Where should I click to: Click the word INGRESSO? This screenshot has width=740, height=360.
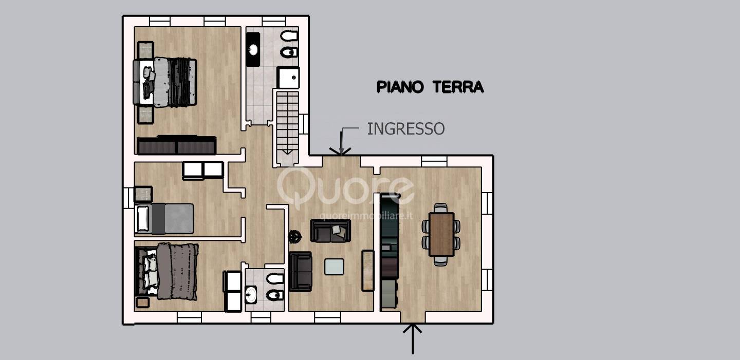click(x=405, y=128)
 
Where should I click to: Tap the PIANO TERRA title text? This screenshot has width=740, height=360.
click(x=430, y=87)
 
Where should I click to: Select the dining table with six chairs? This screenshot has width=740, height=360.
click(x=441, y=234)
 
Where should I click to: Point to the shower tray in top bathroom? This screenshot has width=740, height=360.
click(x=288, y=77)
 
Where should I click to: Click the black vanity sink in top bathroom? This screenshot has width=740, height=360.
click(x=253, y=49)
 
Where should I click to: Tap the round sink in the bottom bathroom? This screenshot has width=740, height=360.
click(x=251, y=295)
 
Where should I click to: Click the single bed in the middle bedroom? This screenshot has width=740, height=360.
click(x=164, y=219)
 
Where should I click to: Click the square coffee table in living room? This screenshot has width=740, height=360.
click(x=334, y=267)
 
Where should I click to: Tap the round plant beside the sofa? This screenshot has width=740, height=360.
click(x=295, y=237)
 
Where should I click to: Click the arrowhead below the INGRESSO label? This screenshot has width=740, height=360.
click(x=340, y=149)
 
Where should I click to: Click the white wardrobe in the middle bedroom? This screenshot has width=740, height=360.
click(x=203, y=170)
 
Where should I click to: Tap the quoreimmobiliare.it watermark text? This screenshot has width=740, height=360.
click(x=366, y=216)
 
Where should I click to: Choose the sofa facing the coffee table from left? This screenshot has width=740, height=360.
click(x=301, y=271)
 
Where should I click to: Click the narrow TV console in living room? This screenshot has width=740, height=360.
click(x=367, y=270)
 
